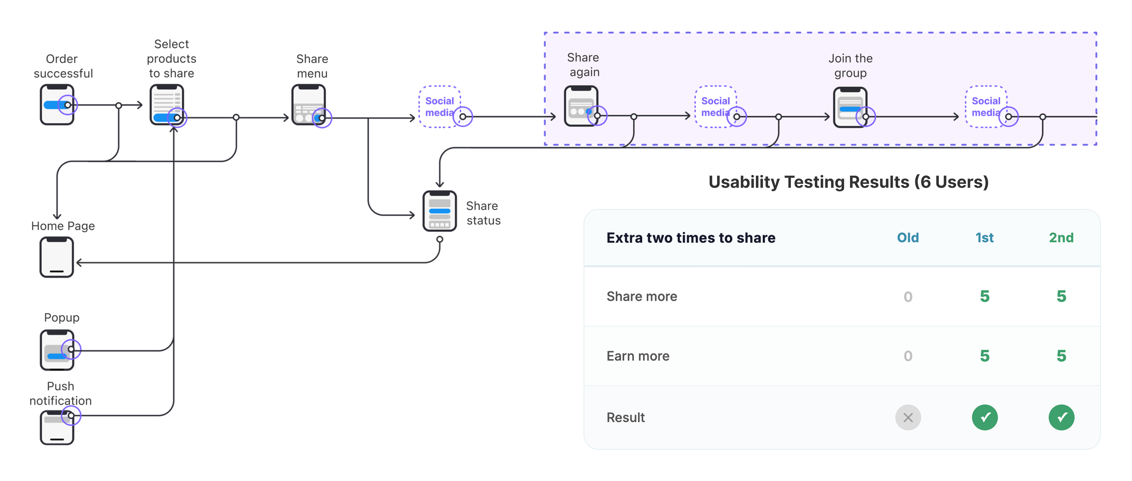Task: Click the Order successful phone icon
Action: [57, 105]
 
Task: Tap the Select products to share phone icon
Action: [167, 105]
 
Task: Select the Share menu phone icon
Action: [308, 105]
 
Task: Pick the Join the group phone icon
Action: [850, 107]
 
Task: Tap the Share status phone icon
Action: [439, 211]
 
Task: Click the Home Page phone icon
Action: [57, 257]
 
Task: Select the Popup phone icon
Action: [57, 350]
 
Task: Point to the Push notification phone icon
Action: [57, 427]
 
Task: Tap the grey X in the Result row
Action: [908, 417]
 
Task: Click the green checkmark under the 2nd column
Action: [1061, 417]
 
